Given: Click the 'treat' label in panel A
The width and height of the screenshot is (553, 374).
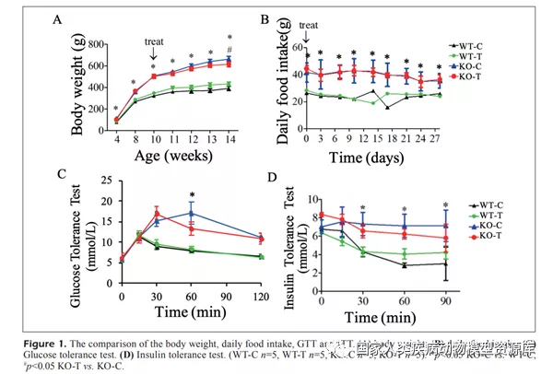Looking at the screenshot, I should [x=154, y=41].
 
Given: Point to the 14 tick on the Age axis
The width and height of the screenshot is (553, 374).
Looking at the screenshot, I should [x=229, y=137].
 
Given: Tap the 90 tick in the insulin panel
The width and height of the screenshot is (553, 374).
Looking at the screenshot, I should [x=445, y=299].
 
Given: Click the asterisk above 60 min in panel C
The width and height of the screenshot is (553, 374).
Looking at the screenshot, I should [x=191, y=194].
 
